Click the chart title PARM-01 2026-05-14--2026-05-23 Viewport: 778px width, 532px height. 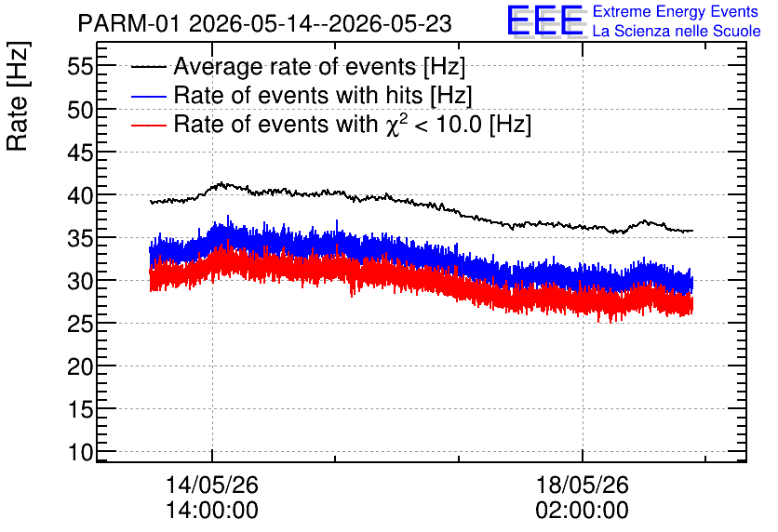[264, 24]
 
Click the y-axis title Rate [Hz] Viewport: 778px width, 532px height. [18, 97]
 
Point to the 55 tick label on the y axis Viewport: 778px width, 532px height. [80, 66]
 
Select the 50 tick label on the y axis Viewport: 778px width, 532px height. [80, 109]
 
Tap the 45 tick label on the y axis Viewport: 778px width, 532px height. [80, 153]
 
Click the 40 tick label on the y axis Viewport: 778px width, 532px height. [80, 195]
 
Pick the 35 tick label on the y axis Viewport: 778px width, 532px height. [80, 238]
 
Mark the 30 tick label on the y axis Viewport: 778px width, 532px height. [80, 281]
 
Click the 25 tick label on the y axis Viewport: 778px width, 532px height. [80, 324]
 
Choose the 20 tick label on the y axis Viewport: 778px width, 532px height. [80, 366]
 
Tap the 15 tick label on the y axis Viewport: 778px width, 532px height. [80, 409]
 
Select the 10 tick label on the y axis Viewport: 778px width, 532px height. [80, 452]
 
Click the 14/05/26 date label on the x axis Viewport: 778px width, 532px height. [212, 485]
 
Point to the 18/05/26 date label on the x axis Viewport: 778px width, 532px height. [582, 485]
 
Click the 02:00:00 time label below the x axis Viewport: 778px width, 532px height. [582, 511]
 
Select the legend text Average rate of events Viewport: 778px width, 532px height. [295, 66]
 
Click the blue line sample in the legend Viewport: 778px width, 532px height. [148, 96]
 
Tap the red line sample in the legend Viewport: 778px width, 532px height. [148, 125]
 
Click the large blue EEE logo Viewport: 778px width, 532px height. [546, 21]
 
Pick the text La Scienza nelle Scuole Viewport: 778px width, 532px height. [677, 31]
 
